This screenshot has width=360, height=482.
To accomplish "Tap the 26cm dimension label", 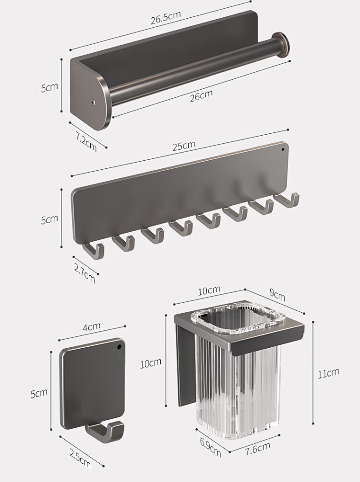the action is click(201, 95).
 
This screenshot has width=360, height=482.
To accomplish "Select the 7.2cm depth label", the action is click(86, 141).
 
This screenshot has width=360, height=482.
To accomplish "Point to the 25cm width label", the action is click(184, 145).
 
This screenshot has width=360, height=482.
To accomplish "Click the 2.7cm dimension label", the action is click(84, 272).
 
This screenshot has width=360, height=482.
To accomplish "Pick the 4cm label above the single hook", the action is click(92, 327).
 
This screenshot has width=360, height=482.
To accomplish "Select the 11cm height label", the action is click(328, 373).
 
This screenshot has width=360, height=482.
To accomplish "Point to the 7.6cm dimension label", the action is click(258, 448).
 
